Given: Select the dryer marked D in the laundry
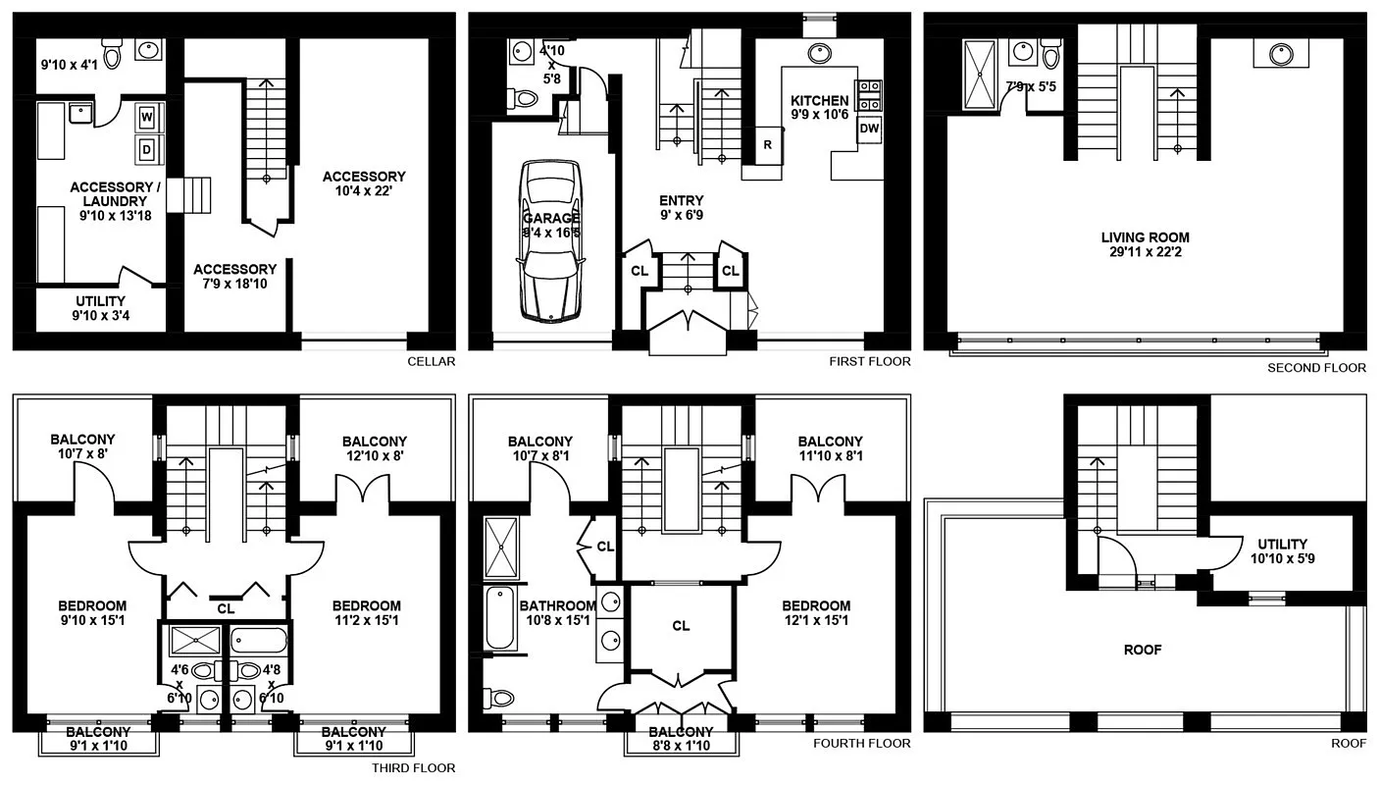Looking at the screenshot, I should coord(147,150).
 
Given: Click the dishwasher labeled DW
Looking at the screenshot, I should coord(869,129).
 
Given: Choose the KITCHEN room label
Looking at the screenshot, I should coord(819,100).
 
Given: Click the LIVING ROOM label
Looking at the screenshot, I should coord(1145,237).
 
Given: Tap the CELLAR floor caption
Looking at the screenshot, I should coord(432,361).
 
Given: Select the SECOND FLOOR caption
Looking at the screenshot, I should coord(1316,368).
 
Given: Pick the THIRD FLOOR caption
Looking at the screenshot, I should coord(413,768).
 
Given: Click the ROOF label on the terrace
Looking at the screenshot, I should coord(1144,650).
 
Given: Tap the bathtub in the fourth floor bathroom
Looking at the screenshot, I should coord(499,617).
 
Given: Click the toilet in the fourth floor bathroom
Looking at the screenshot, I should coord(500,698).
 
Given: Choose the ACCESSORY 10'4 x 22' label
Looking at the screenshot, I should coord(364,184).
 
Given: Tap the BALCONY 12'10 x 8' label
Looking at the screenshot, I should coord(374,448).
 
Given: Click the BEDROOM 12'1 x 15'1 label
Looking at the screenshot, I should coord(816,613).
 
